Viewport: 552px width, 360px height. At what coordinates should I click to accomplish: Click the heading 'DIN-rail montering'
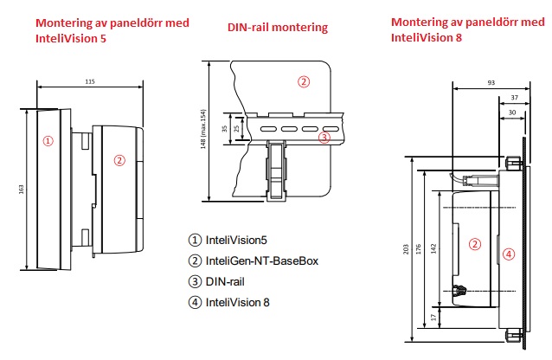[278, 28]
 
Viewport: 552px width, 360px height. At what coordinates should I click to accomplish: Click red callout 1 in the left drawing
[48, 139]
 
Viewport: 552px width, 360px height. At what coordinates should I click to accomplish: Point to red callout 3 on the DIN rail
[324, 137]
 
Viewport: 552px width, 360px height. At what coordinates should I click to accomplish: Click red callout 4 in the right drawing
[509, 254]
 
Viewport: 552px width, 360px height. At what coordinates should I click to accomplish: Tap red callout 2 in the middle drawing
[303, 82]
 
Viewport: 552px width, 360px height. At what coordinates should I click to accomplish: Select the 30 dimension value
[512, 112]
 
